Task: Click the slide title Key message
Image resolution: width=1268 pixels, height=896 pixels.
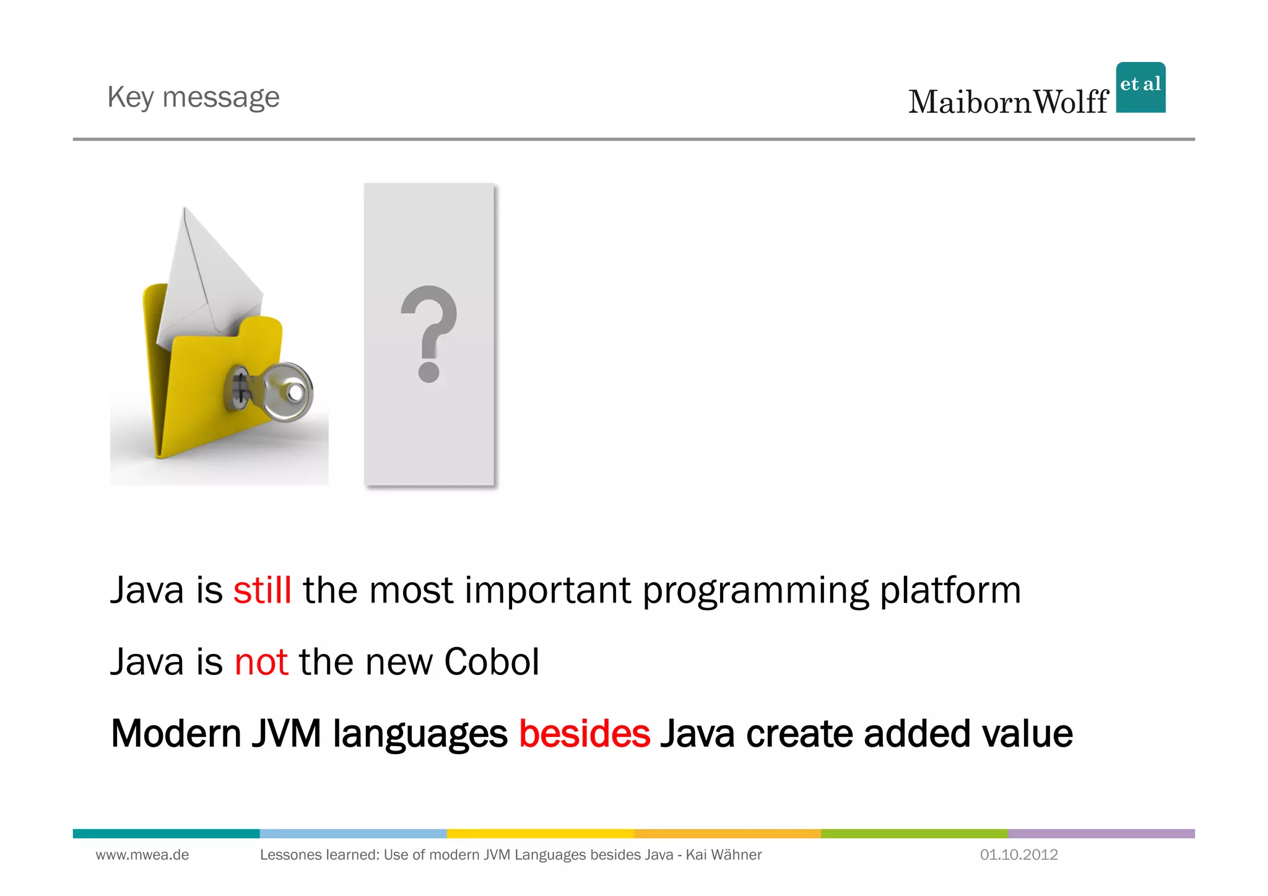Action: click(x=193, y=97)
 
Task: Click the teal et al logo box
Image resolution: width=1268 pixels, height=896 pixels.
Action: click(x=1140, y=87)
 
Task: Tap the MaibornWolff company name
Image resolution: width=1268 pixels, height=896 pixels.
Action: click(x=1008, y=102)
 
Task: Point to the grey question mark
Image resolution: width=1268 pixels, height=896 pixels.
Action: click(x=428, y=333)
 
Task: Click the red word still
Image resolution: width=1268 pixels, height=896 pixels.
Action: click(x=263, y=590)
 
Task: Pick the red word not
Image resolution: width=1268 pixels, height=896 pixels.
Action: click(x=261, y=662)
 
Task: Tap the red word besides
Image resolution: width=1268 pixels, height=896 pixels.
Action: click(x=584, y=734)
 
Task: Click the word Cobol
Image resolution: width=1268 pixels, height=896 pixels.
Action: click(x=492, y=662)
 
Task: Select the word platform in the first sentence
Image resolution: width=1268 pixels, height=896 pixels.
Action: click(x=950, y=590)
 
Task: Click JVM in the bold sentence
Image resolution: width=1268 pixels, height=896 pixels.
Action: click(x=286, y=734)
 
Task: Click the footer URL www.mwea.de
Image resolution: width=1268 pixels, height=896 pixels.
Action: click(x=142, y=855)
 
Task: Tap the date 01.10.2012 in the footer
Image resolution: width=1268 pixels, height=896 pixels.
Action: click(x=1018, y=855)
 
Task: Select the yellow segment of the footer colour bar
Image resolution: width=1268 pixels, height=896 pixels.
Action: click(x=541, y=833)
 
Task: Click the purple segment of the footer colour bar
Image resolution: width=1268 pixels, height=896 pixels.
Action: click(x=1101, y=833)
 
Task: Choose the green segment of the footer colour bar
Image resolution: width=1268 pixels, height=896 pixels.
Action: click(x=914, y=833)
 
